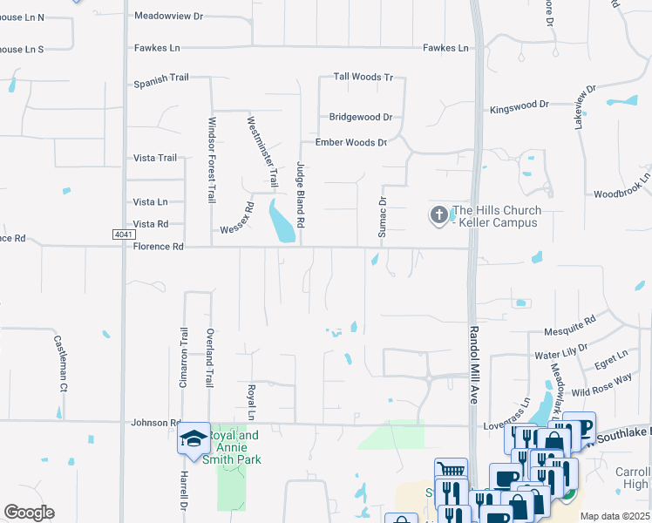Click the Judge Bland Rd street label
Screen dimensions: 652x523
300,195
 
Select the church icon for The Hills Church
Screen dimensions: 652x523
438,214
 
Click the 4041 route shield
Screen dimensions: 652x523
125,234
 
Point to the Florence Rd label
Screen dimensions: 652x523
159,247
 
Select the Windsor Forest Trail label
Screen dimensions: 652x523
211,160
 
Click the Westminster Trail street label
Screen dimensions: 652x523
261,153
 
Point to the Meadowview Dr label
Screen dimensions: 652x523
168,16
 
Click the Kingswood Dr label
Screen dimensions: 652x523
520,105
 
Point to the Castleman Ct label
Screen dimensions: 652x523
60,362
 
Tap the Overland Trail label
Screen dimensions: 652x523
209,357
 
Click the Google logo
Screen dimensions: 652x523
29,513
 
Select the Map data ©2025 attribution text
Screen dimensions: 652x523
614,516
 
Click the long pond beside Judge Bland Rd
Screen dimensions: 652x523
282,222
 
